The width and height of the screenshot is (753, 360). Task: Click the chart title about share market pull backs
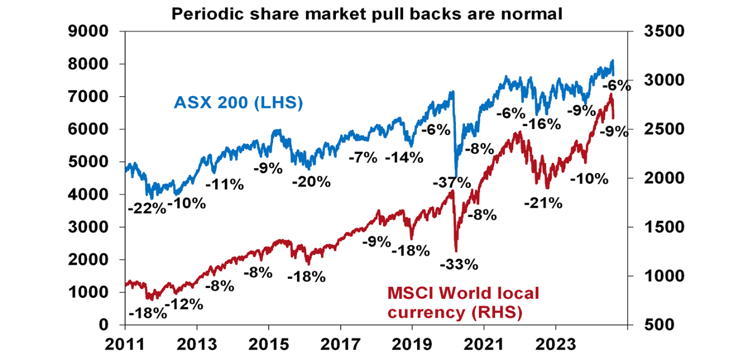pos(367,14)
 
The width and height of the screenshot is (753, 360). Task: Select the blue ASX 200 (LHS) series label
pos(238,102)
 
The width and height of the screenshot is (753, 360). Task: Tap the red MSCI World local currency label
pos(463,303)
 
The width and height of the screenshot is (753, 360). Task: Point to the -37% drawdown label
pos(451,182)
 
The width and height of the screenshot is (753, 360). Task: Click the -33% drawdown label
pos(459,265)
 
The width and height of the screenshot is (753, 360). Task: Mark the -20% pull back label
pos(311,182)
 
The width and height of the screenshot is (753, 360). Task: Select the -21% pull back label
pos(543,203)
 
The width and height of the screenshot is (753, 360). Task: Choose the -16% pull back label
pos(542,124)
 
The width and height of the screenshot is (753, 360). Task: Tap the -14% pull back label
pos(404,158)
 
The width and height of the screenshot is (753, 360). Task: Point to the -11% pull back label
pos(224,185)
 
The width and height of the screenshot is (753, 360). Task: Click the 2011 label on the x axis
pos(125,345)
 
